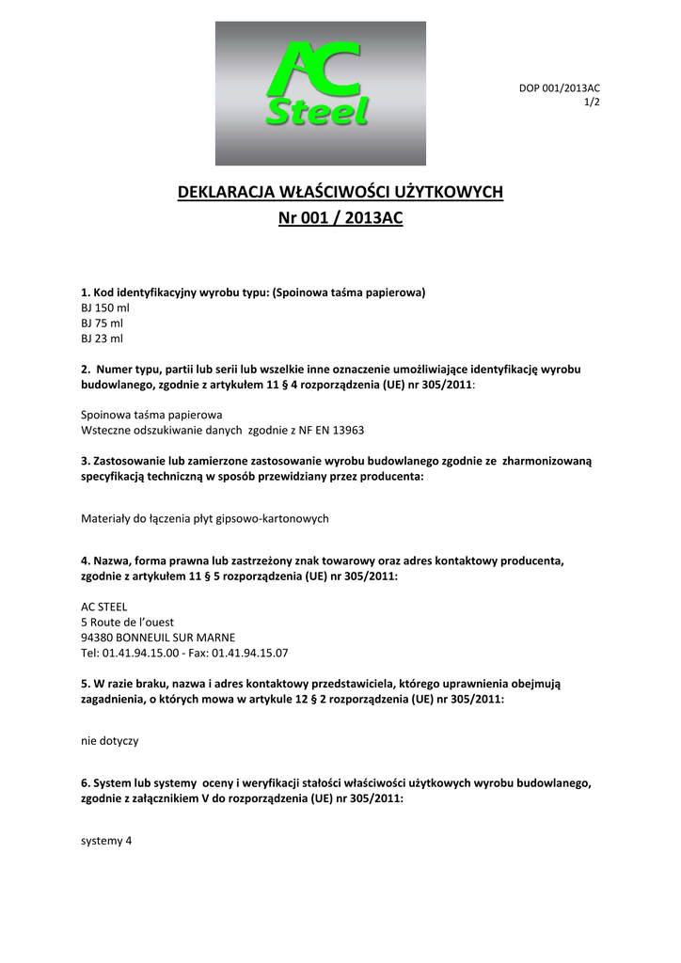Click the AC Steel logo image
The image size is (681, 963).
pos(320,94)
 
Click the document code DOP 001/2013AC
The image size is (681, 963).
pos(560,88)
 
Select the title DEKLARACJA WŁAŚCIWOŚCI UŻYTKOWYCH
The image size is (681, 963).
pos(340,193)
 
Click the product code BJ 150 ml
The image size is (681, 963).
pos(105,308)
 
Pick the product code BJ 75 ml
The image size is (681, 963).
pos(103,323)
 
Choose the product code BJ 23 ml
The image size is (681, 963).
pos(103,338)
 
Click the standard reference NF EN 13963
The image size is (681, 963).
pos(333,430)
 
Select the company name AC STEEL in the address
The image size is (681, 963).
pos(104,607)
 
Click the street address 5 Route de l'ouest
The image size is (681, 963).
pos(128,622)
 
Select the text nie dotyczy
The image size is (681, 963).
pos(110,740)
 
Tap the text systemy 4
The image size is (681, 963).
pos(107,842)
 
